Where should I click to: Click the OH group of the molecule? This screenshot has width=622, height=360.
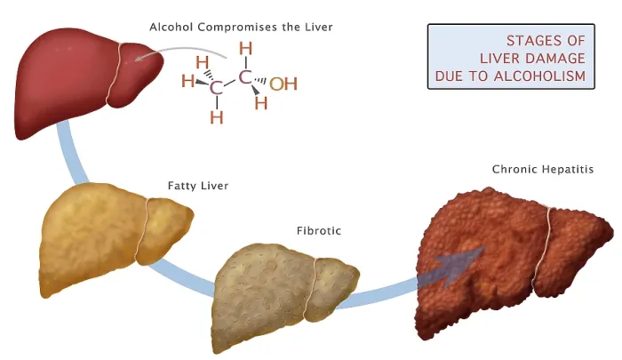[283, 84]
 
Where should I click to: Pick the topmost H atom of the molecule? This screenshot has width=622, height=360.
[245, 48]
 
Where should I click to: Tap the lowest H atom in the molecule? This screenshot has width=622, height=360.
[217, 117]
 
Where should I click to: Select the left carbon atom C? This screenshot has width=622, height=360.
[216, 88]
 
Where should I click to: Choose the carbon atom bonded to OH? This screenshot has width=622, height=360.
[245, 77]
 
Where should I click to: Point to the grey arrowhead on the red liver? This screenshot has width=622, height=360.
[140, 58]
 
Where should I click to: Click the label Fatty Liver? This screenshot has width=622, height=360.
[198, 186]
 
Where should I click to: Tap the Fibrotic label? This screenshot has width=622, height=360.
[319, 230]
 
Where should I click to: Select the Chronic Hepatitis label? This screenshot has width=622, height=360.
[543, 170]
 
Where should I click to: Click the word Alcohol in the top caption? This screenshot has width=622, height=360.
[171, 27]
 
